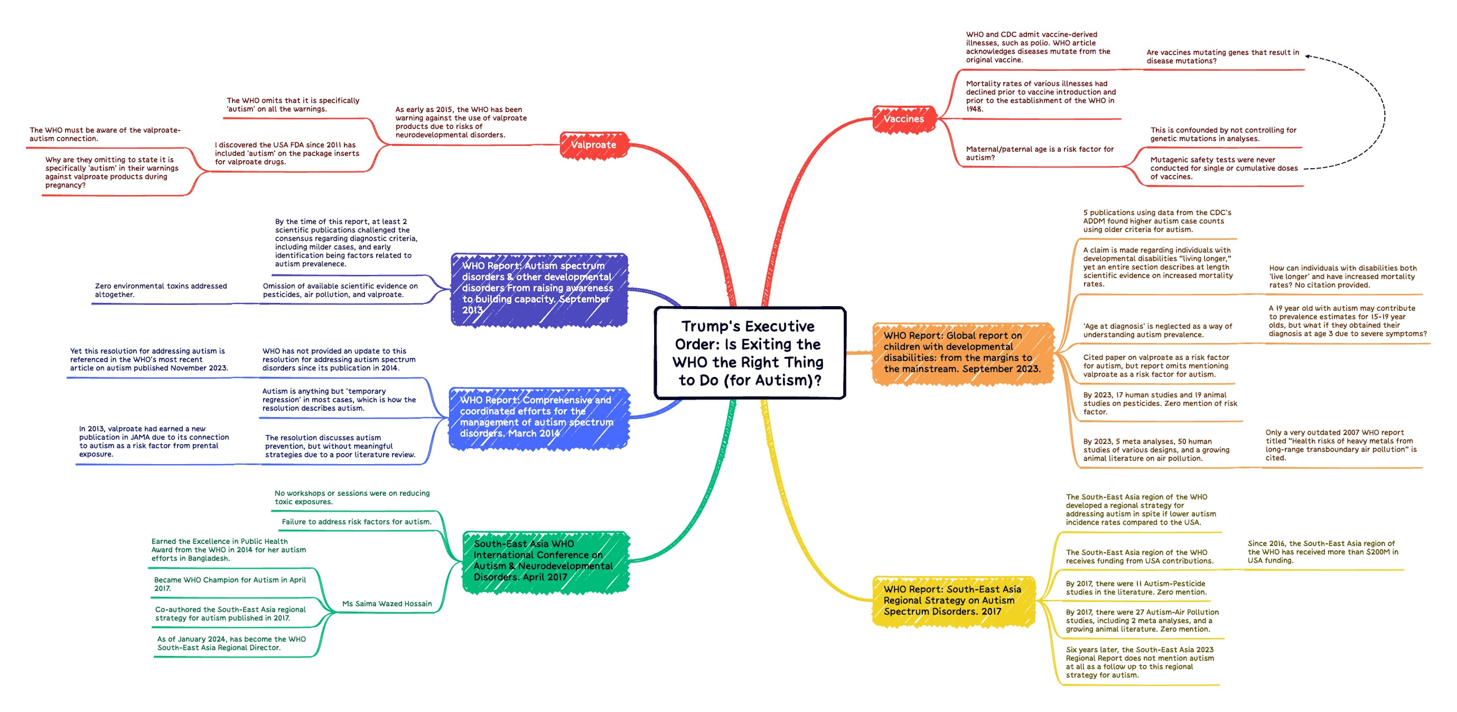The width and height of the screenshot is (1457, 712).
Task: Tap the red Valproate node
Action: (x=593, y=145)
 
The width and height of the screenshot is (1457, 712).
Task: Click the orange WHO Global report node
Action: (x=962, y=352)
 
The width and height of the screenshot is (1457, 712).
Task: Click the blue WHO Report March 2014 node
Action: (x=537, y=417)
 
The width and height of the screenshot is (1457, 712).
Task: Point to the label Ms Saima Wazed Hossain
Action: (x=387, y=604)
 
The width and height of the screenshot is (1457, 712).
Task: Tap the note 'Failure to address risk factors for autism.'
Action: (x=356, y=522)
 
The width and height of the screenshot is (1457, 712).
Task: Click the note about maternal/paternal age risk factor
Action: (x=1040, y=153)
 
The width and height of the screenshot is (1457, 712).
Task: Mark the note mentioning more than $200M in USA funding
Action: (x=1322, y=552)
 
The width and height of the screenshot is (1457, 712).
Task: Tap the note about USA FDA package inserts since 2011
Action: (x=287, y=153)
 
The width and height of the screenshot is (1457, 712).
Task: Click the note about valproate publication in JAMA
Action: (x=154, y=442)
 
